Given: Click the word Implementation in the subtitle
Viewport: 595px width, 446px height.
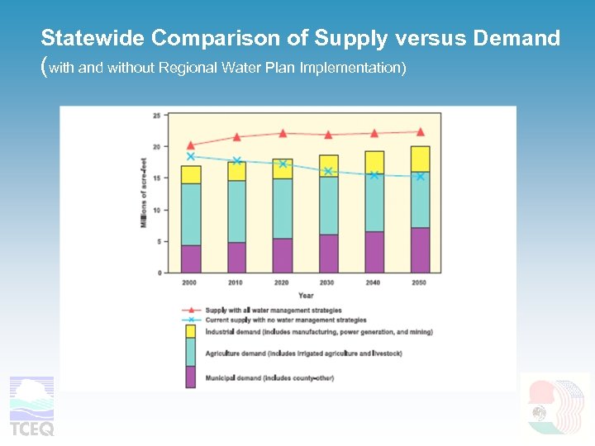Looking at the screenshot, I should coord(360,68).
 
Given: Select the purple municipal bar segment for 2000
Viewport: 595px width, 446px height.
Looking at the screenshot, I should coord(191,259).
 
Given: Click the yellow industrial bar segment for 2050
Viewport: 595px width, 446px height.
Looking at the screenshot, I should coord(420,159).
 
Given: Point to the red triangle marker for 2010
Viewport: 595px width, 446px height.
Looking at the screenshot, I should coord(237,137).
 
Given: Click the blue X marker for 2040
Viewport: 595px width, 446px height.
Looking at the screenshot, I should coord(374,175).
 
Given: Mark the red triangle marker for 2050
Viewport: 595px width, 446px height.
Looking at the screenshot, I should coord(420,131).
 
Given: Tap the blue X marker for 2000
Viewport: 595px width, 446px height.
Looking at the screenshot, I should coord(191,156).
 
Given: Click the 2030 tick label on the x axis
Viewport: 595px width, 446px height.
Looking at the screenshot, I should coord(328,282).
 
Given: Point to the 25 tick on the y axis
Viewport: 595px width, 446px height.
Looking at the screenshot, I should coord(156,116).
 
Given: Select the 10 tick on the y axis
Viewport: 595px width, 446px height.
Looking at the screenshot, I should coord(156,210).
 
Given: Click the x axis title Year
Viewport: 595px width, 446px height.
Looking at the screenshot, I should coord(306,295).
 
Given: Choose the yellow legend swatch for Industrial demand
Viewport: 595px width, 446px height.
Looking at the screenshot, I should coord(190,331).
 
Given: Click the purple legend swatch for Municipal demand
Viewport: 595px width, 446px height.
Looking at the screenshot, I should coord(190,377).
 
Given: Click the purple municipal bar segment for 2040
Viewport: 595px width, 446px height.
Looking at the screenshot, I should coord(374,252).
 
